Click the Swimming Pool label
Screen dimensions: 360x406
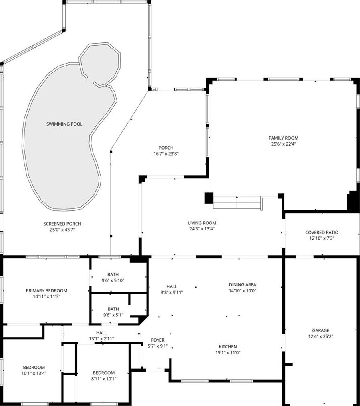64,124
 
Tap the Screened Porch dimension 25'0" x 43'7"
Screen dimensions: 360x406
62,230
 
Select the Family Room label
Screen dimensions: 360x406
283,138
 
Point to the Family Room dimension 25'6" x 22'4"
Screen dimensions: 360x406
283,144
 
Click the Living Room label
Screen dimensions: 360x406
202,223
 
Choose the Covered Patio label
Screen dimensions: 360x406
322,232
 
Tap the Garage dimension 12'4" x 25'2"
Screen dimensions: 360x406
321,337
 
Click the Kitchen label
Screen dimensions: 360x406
228,346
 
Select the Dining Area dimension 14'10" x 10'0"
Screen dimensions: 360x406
243,290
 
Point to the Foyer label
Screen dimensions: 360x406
158,340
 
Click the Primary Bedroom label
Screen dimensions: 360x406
47,291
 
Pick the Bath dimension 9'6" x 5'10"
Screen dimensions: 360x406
113,280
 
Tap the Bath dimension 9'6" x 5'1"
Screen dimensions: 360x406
113,315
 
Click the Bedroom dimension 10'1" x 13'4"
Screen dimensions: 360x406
34,373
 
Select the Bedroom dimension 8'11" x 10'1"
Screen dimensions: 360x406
104,379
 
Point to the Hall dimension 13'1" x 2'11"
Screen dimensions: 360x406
101,339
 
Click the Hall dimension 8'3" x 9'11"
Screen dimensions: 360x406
172,292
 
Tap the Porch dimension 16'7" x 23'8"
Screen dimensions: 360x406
166,154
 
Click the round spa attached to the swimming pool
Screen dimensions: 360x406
100,64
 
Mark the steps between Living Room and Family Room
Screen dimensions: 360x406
237,202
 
